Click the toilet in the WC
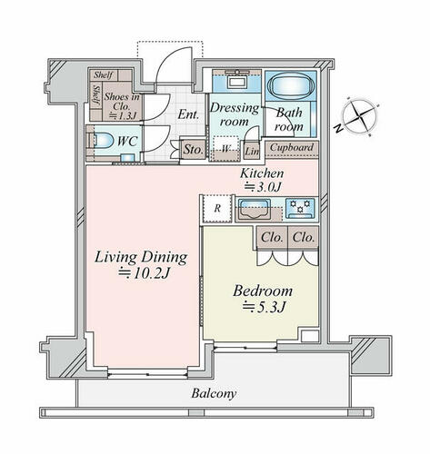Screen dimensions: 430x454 [101, 141]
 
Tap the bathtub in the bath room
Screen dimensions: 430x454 [291, 85]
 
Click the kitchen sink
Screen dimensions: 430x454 [254, 209]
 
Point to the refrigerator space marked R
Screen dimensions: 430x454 [217, 209]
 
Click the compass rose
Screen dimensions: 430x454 [360, 115]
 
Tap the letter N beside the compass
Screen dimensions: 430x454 [338, 129]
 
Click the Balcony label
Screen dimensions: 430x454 [214, 394]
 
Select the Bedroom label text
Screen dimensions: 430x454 [263, 291]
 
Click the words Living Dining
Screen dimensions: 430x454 [141, 258]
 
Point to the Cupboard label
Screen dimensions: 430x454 [292, 148]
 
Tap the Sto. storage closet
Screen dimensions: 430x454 [193, 149]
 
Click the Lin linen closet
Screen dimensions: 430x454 [252, 151]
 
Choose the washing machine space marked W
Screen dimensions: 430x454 [225, 148]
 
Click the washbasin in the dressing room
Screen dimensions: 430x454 [236, 82]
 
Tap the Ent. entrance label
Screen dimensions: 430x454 [188, 114]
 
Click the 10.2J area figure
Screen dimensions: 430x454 [144, 273]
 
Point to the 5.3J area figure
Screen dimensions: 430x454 [264, 307]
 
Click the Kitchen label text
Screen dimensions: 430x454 [262, 173]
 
